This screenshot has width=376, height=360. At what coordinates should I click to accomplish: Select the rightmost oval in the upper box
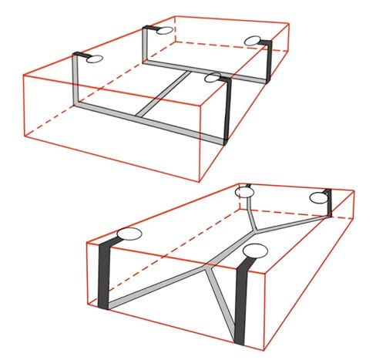tap(254, 41)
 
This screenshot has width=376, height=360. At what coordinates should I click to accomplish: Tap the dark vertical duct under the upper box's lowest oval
tap(226, 112)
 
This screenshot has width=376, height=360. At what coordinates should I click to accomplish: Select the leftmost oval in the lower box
tap(128, 235)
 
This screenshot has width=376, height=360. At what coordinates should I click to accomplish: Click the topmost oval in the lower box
tap(245, 191)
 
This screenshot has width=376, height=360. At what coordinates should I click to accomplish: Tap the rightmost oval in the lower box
tap(319, 199)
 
